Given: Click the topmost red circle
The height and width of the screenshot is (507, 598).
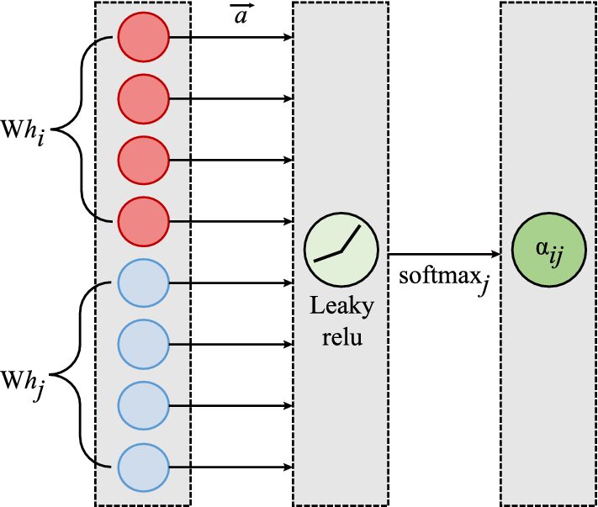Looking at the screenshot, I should click(144, 38).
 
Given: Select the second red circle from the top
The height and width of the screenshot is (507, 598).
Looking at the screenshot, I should click(144, 99).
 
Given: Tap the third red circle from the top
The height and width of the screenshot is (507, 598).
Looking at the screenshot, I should click(144, 161).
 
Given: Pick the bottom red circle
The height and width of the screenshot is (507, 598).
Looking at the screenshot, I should click(144, 222).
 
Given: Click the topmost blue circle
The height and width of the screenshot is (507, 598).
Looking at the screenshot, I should click(144, 283).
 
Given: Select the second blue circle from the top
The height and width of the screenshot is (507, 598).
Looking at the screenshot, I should click(144, 344).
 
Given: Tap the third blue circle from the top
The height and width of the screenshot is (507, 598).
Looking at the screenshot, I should click(144, 405).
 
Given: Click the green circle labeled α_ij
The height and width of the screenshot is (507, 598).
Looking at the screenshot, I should click(549, 253).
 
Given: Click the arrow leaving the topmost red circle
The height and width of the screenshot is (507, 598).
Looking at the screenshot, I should click(230, 38).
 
